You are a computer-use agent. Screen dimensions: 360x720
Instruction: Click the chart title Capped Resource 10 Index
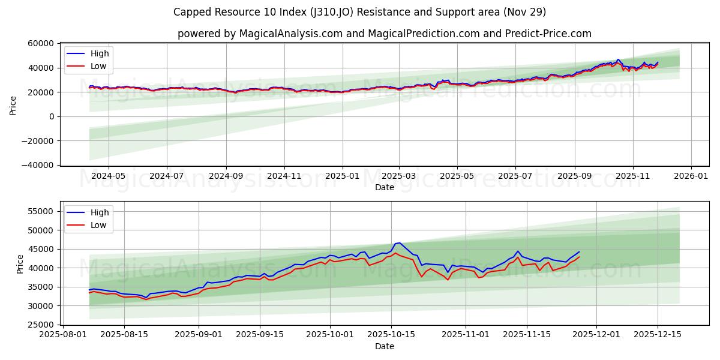click(359, 12)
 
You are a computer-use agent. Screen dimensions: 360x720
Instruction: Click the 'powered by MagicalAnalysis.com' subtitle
click(384, 34)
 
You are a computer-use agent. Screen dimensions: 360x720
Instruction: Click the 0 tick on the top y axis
click(51, 116)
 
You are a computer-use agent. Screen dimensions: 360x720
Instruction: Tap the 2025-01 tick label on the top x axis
click(343, 176)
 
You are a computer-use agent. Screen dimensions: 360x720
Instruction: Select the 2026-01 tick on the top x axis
click(691, 176)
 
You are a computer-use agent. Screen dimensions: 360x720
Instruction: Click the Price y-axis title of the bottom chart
click(20, 263)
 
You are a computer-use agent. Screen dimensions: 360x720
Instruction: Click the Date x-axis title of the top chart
click(384, 187)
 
